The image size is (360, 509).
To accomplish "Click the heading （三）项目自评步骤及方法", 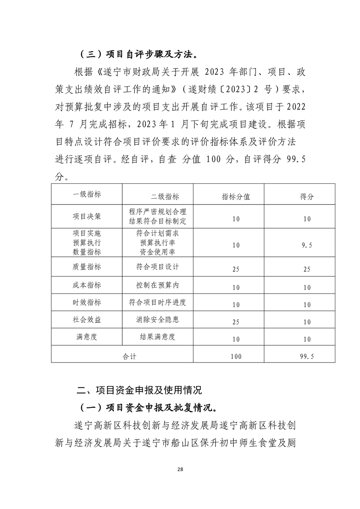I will click(138, 55).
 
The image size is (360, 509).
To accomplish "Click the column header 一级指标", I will click(87, 194).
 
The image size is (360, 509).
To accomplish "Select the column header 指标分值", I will click(236, 196).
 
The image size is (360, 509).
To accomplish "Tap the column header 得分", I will click(306, 196).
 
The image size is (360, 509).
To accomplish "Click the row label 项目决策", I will click(87, 216).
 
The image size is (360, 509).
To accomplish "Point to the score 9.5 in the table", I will click(307, 245).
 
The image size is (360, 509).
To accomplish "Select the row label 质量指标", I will click(87, 266).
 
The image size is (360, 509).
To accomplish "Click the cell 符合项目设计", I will click(158, 266).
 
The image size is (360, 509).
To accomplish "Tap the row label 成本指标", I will click(87, 285).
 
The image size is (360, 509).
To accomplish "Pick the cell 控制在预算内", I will click(158, 285).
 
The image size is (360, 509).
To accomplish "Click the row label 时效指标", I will click(87, 303).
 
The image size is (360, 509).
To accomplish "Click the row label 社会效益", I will click(87, 320).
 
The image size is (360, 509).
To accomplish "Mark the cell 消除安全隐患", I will click(158, 320).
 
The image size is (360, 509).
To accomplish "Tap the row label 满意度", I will click(87, 337).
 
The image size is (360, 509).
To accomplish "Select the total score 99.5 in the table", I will click(307, 357).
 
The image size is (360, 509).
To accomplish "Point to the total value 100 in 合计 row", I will click(236, 357).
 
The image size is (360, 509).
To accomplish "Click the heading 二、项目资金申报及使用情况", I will click(139, 390).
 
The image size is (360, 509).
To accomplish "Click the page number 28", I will click(180, 469).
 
